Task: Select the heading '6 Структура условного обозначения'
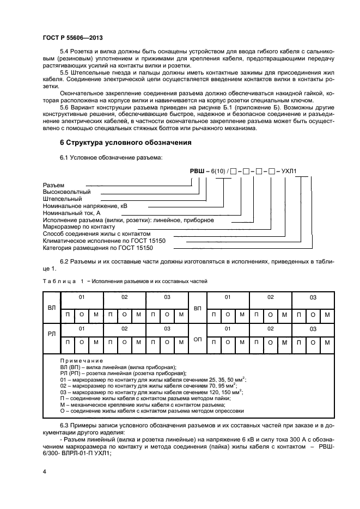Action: tap(125, 143)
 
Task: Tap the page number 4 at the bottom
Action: tap(44, 473)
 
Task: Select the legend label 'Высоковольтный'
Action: tap(66, 192)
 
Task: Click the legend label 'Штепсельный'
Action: tap(63, 199)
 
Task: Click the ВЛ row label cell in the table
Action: tap(52, 308)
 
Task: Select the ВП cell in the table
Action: tap(198, 308)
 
